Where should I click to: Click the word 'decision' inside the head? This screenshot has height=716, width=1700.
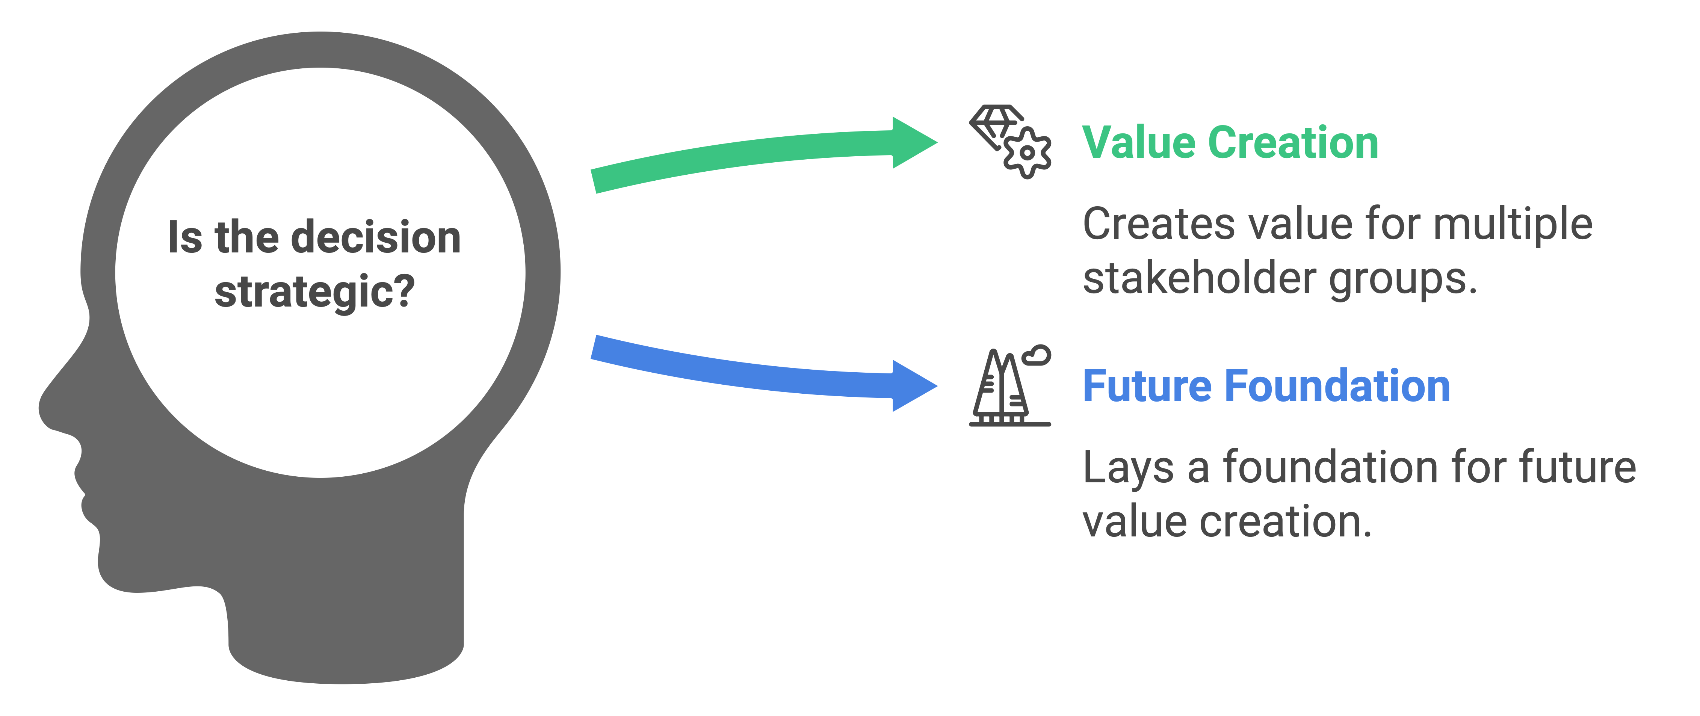click(376, 237)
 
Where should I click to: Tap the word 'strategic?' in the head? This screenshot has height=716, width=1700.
click(315, 292)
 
